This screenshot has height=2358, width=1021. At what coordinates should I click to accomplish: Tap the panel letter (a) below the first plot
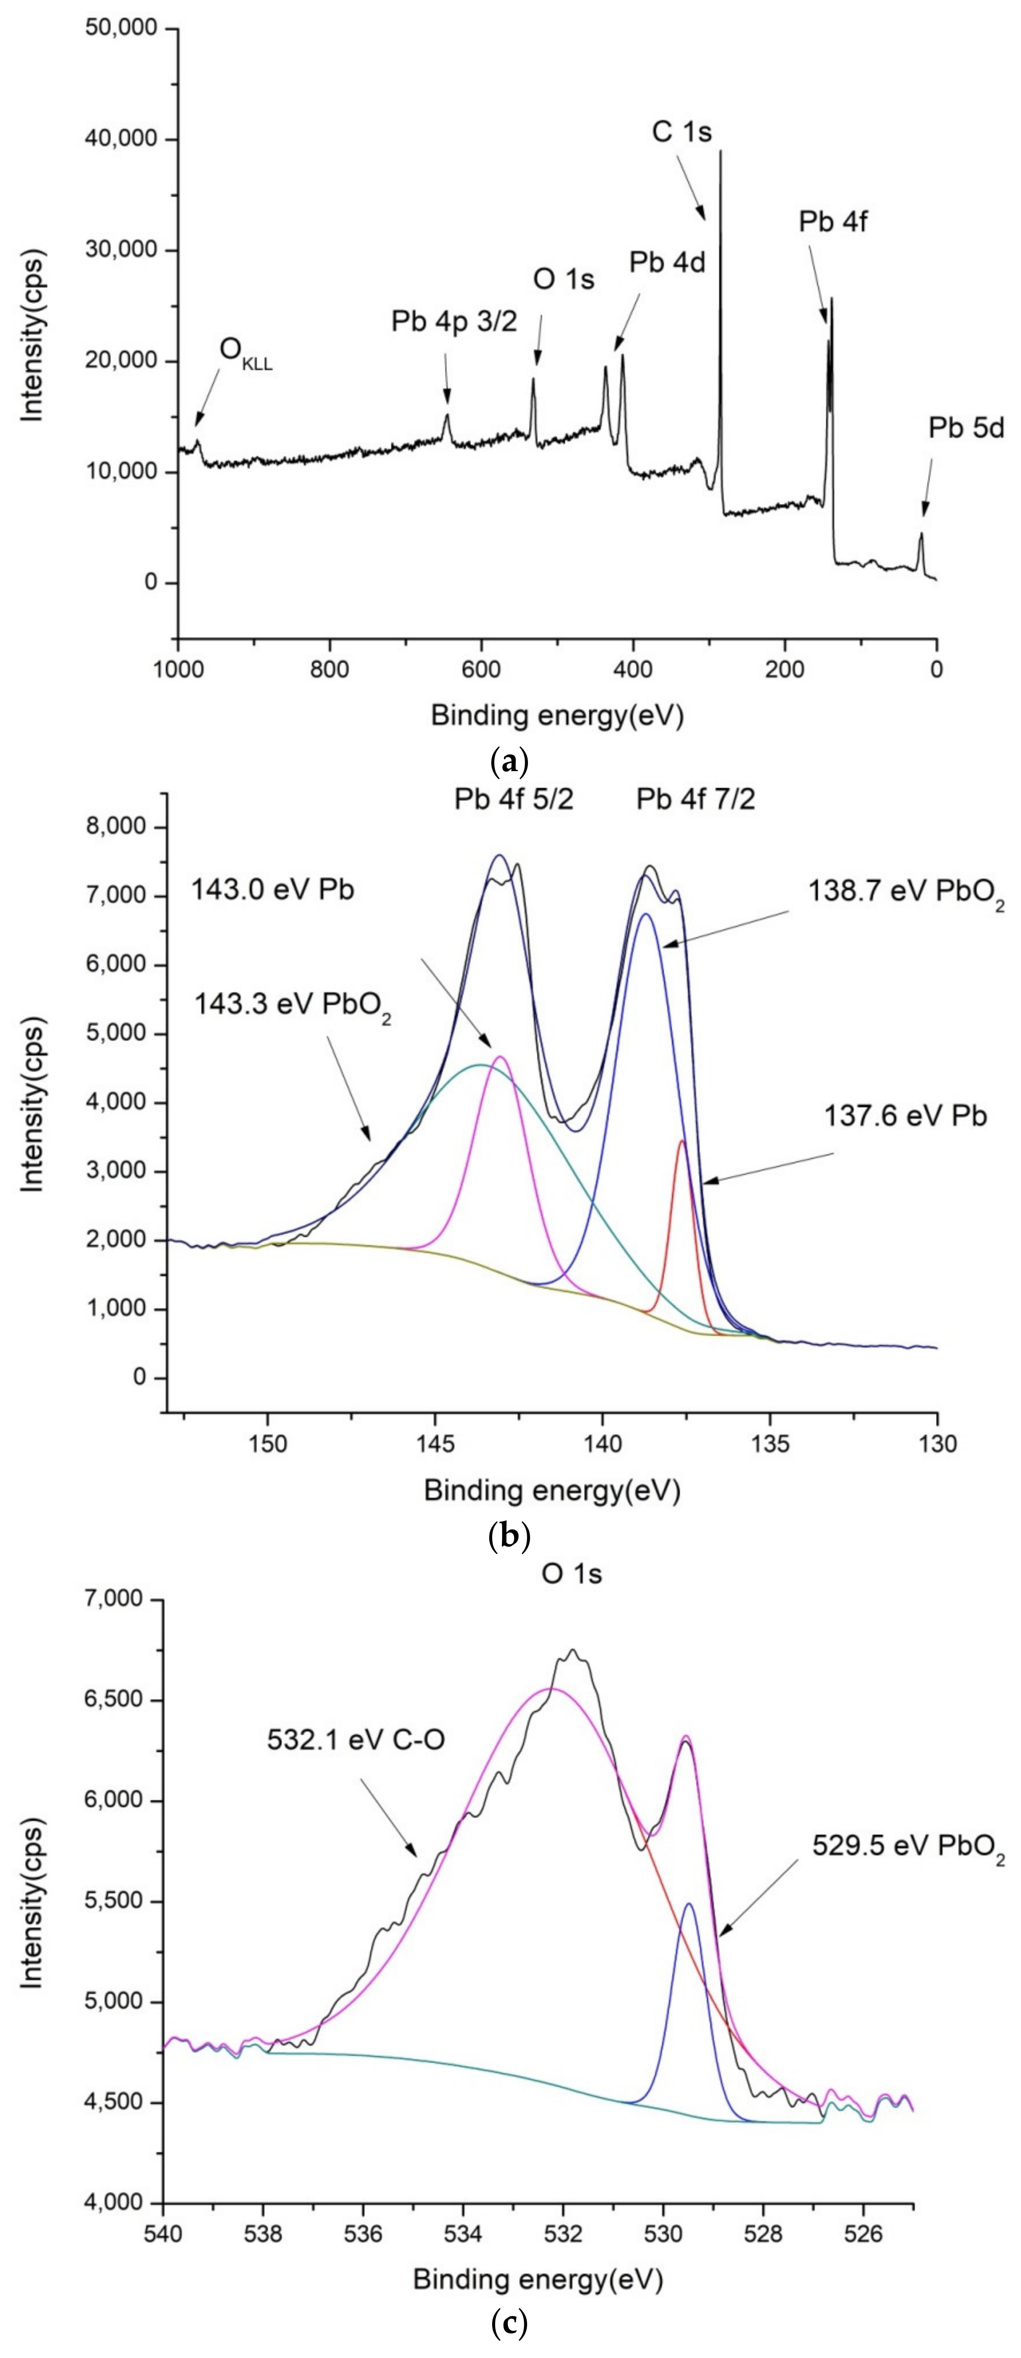(509, 760)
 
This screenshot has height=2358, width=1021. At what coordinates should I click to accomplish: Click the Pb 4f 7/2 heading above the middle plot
(696, 800)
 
